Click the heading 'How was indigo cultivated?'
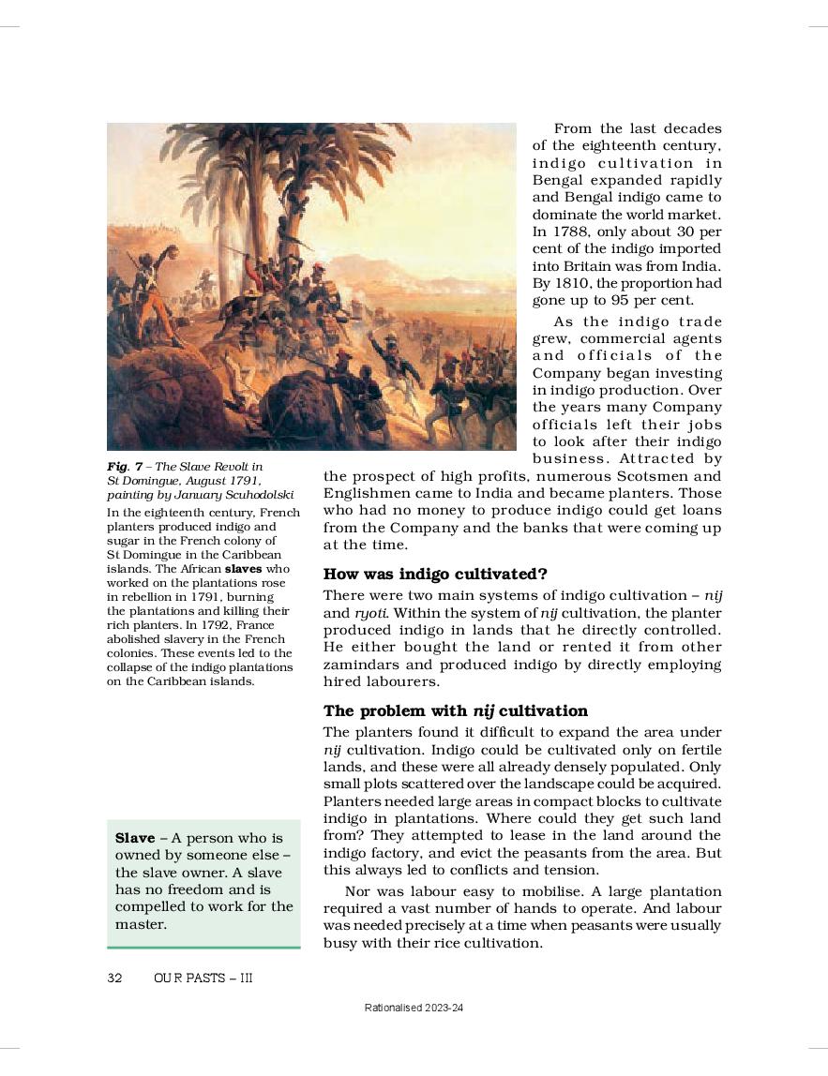[x=435, y=574]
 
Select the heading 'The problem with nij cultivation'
[x=455, y=710]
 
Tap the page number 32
[x=115, y=978]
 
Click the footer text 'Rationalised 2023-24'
[x=414, y=1008]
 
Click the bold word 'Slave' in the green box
[x=134, y=837]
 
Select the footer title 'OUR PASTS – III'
[x=203, y=978]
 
